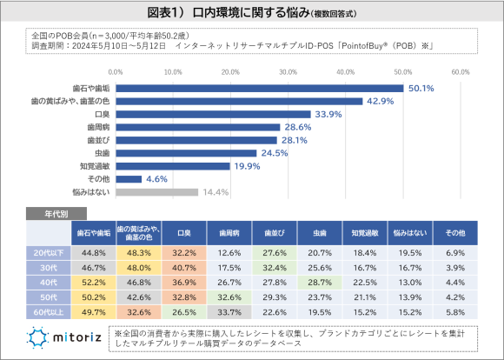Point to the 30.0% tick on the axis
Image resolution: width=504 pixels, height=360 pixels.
tap(288, 72)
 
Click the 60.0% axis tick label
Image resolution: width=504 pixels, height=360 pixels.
tap(461, 72)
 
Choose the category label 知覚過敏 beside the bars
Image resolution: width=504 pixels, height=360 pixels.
tap(92, 165)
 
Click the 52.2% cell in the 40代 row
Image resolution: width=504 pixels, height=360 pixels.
tap(93, 283)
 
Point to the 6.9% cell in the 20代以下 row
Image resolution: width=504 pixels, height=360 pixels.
tap(454, 252)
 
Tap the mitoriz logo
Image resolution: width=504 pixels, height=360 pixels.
tap(64, 337)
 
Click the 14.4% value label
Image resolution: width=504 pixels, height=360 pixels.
tap(216, 191)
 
